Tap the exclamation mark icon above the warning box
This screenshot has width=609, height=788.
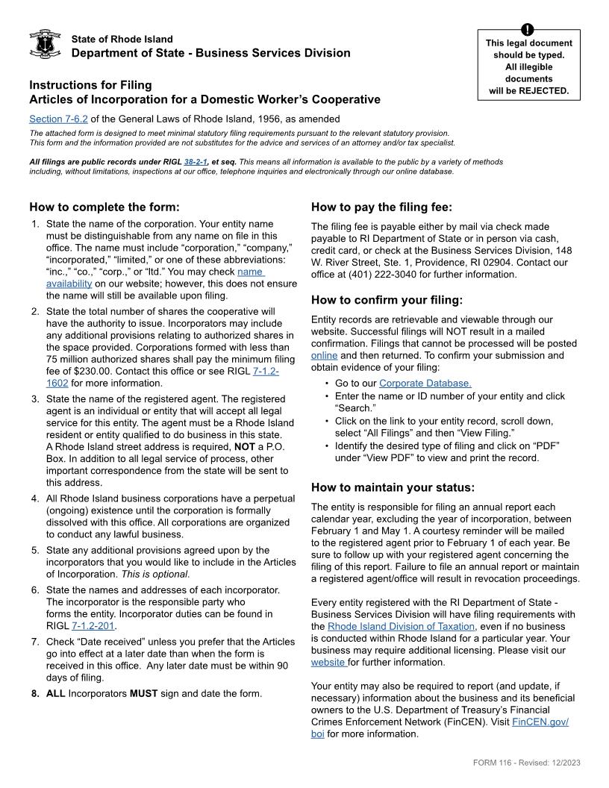pyautogui.click(x=528, y=29)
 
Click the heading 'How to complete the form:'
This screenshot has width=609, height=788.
pyautogui.click(x=104, y=207)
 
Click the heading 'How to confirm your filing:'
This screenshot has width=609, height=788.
pyautogui.click(x=387, y=300)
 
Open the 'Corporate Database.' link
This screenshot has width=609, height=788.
pyautogui.click(x=425, y=384)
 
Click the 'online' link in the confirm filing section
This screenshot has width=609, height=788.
pyautogui.click(x=324, y=355)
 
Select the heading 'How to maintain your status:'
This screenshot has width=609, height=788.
pyautogui.click(x=393, y=487)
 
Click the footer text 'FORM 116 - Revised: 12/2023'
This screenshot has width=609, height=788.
pyautogui.click(x=526, y=762)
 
